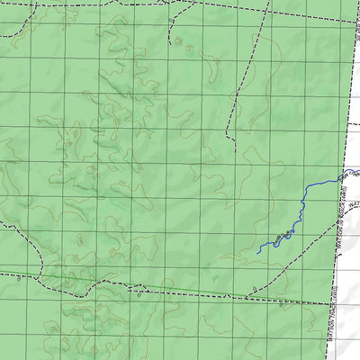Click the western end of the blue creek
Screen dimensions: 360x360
pyautogui.click(x=258, y=252)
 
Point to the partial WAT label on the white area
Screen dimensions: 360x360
pyautogui.click(x=352, y=217)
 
